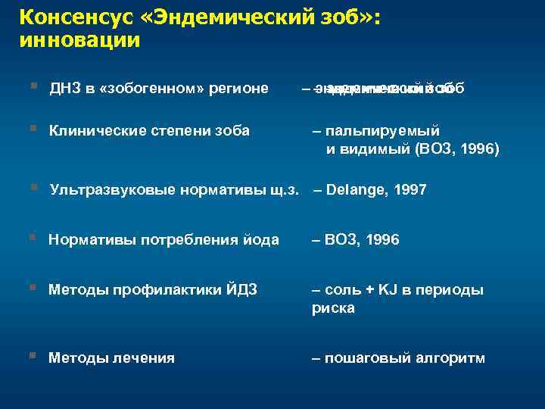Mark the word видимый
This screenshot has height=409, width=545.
(x=374, y=149)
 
